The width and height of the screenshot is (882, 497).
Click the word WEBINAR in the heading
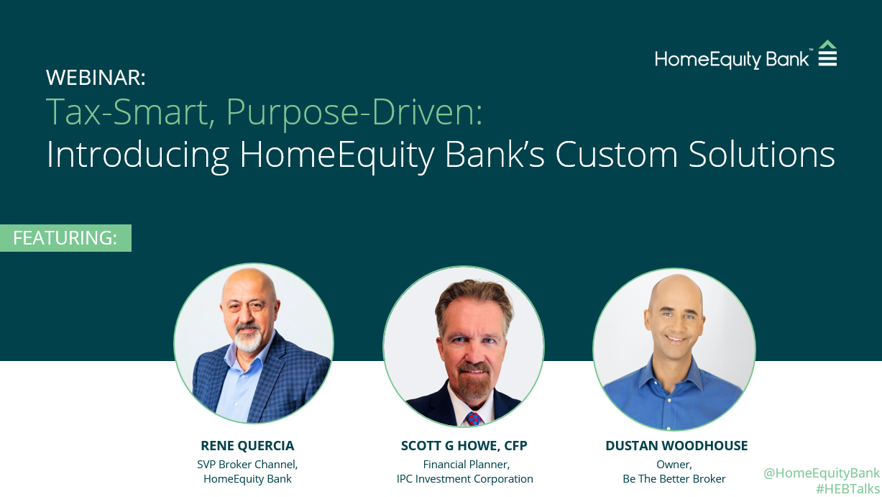pyautogui.click(x=95, y=77)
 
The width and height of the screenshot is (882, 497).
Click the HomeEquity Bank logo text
pyautogui.click(x=733, y=59)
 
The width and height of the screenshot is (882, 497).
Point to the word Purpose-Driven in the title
pyautogui.click(x=354, y=111)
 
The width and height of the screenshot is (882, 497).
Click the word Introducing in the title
pyautogui.click(x=137, y=154)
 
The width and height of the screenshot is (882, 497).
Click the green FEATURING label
pyautogui.click(x=65, y=238)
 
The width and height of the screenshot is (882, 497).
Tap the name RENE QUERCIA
pyautogui.click(x=247, y=446)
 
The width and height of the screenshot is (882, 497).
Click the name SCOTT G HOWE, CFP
pyautogui.click(x=464, y=446)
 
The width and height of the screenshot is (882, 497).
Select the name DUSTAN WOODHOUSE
pyautogui.click(x=676, y=446)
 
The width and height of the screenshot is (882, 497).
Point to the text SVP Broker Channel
pyautogui.click(x=247, y=464)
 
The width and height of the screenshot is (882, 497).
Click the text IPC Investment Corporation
pyautogui.click(x=464, y=478)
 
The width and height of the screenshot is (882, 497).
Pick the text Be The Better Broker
pyautogui.click(x=674, y=478)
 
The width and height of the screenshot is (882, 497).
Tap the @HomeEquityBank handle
pyautogui.click(x=821, y=473)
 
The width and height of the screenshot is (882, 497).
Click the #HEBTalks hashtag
pyautogui.click(x=847, y=489)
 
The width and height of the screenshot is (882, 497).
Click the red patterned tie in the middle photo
pyautogui.click(x=473, y=418)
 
